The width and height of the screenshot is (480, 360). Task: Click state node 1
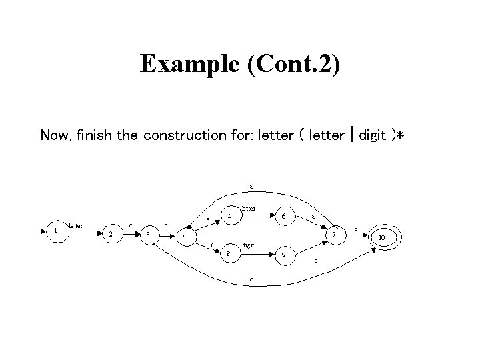(55, 231)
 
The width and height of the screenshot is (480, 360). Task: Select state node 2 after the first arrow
(111, 234)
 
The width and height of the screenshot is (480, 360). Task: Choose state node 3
(147, 235)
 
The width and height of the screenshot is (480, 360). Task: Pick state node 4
(185, 237)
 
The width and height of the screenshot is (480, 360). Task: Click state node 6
(283, 216)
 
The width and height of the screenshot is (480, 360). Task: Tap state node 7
(334, 234)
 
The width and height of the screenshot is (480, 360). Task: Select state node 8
(229, 253)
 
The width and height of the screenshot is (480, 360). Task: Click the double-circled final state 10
(381, 237)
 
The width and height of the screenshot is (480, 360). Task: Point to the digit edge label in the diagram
(248, 245)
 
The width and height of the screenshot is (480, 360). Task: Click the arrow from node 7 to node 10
(357, 235)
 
